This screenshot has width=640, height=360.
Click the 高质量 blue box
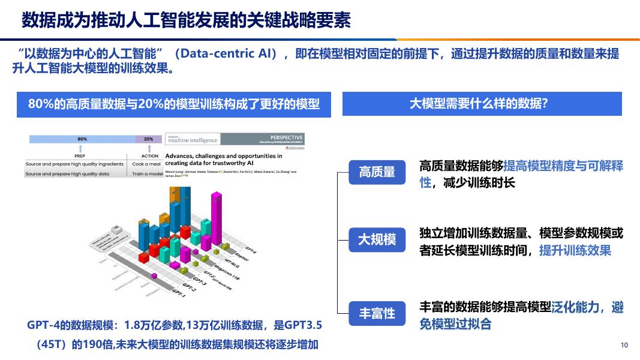[377, 173]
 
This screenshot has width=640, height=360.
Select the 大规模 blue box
[377, 240]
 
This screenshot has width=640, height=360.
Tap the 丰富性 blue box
[377, 313]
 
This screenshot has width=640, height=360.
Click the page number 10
[624, 345]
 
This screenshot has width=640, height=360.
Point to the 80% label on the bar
[82, 139]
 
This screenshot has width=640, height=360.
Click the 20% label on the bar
[148, 139]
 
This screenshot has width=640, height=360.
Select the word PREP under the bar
[80, 156]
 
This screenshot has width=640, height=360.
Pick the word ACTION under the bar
[149, 156]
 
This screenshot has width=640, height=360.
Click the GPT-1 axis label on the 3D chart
[179, 293]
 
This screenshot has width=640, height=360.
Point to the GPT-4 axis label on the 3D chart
[251, 249]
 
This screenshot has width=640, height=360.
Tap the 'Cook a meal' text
[147, 164]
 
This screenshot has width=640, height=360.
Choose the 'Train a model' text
[148, 173]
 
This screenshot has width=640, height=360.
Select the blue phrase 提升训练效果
[575, 251]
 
